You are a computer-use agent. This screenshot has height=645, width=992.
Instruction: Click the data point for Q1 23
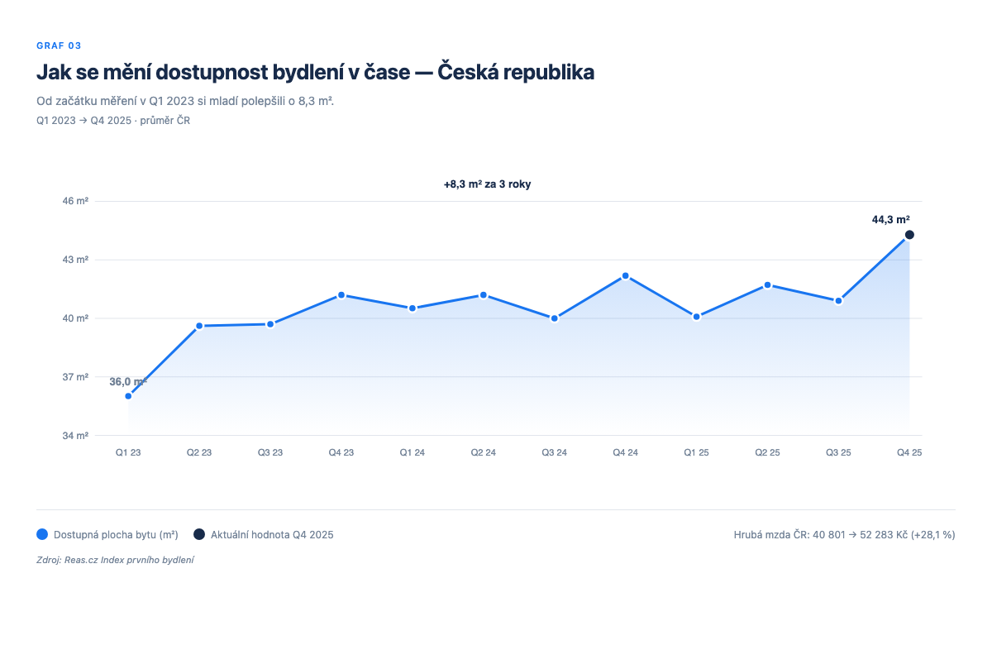[x=128, y=396]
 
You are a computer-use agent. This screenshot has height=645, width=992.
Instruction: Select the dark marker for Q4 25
[x=909, y=235]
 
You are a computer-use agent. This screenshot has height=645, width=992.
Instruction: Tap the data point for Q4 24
[x=626, y=275]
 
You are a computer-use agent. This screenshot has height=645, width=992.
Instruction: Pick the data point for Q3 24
[x=555, y=318]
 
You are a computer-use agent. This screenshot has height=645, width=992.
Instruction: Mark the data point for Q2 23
[x=199, y=326]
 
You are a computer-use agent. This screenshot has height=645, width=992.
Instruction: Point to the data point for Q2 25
[x=767, y=285]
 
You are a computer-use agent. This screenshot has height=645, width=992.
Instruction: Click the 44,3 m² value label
[x=890, y=220]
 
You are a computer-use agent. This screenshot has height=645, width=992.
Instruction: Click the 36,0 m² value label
[x=128, y=381]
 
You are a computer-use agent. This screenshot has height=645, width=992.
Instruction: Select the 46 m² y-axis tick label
[x=76, y=201]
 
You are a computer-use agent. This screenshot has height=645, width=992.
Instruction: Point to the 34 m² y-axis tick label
[x=76, y=436]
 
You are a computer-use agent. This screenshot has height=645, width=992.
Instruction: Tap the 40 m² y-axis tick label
[x=76, y=318]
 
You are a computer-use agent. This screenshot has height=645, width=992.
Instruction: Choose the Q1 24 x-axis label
[x=413, y=453]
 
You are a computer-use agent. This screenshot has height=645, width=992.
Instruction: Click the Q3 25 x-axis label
[x=838, y=453]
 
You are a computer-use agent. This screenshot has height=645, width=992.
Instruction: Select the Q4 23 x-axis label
[x=341, y=453]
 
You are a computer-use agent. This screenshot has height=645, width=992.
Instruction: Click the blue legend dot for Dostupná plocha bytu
[x=43, y=535]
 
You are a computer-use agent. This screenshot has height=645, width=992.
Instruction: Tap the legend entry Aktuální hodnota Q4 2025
[x=272, y=535]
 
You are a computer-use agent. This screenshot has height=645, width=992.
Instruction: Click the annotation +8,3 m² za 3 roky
[x=487, y=184]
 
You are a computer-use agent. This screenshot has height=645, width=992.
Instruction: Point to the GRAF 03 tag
[x=59, y=45]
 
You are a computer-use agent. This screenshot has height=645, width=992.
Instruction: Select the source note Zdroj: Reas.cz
[x=115, y=561]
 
